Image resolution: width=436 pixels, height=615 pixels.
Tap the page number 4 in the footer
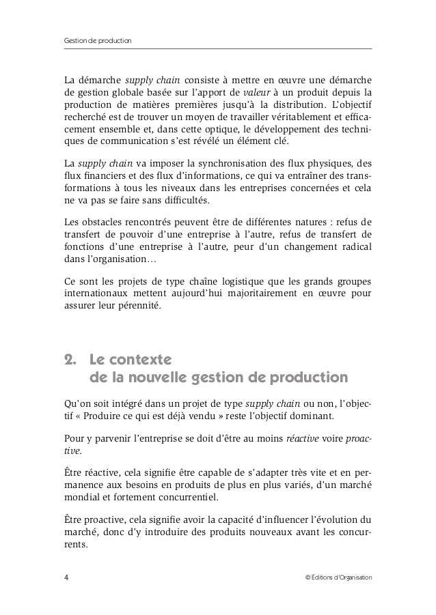tap(66, 577)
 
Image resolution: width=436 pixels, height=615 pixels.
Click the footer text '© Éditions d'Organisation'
tap(338, 577)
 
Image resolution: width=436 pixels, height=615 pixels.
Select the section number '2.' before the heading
tap(69, 359)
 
